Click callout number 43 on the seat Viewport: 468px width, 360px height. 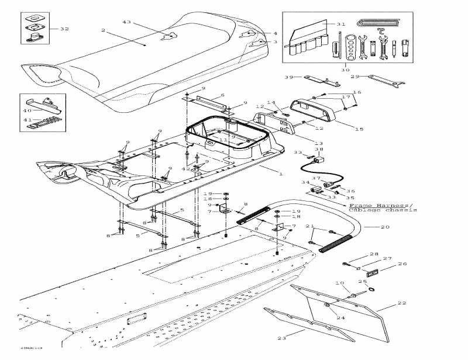[x=126, y=22]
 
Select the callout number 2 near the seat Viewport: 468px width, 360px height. [x=103, y=30]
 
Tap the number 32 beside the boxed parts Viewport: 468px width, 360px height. [x=64, y=28]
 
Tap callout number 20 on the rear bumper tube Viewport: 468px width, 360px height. [x=385, y=226]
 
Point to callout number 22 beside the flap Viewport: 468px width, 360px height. [x=402, y=302]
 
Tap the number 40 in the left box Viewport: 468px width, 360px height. [x=26, y=110]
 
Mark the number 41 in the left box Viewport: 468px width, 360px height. [x=26, y=120]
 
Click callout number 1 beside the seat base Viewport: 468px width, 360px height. [x=281, y=174]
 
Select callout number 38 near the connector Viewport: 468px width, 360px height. [x=319, y=149]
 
